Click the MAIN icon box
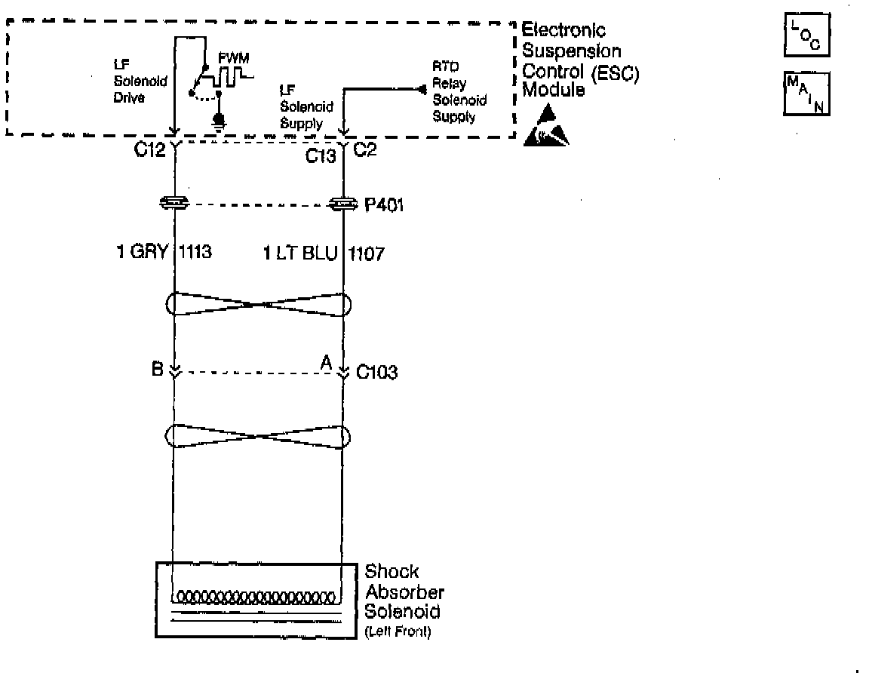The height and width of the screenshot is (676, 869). (x=806, y=93)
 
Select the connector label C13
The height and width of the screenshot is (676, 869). (x=320, y=156)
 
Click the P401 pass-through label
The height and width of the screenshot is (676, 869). (x=385, y=205)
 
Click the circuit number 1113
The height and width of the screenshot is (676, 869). (x=195, y=253)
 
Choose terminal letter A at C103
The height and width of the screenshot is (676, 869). (x=327, y=364)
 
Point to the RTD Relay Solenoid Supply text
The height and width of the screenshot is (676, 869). (x=458, y=92)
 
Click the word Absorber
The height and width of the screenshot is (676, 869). (x=404, y=592)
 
